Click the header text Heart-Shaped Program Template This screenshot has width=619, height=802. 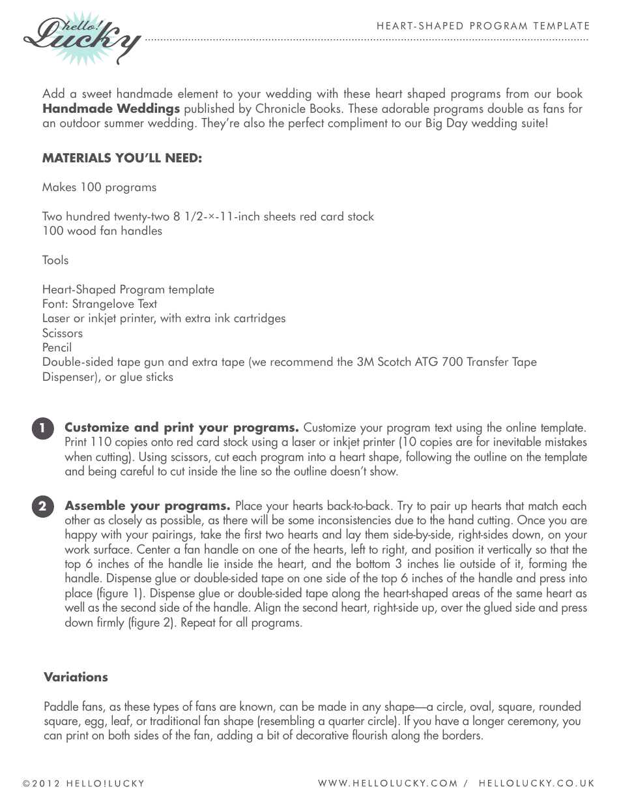[x=483, y=26]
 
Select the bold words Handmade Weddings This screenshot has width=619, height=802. [x=111, y=108]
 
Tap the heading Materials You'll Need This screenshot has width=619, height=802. [x=122, y=158]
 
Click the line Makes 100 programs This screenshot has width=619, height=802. [x=99, y=187]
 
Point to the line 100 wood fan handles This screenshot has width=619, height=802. [x=102, y=231]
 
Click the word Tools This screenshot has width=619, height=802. [x=55, y=260]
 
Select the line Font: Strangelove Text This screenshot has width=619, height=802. [x=100, y=304]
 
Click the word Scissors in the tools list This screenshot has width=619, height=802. [x=63, y=333]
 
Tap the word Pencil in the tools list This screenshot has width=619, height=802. [x=57, y=348]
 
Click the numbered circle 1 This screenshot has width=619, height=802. [x=42, y=429]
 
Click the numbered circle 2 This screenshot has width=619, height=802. [x=42, y=507]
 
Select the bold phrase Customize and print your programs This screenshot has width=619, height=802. [x=182, y=428]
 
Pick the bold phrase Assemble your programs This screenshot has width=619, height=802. [x=147, y=506]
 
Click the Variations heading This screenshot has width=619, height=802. [x=76, y=677]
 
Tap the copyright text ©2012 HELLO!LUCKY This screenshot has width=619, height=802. [x=83, y=784]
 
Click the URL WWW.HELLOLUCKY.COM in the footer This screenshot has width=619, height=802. [x=388, y=784]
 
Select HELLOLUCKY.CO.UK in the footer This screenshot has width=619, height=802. [x=536, y=784]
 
